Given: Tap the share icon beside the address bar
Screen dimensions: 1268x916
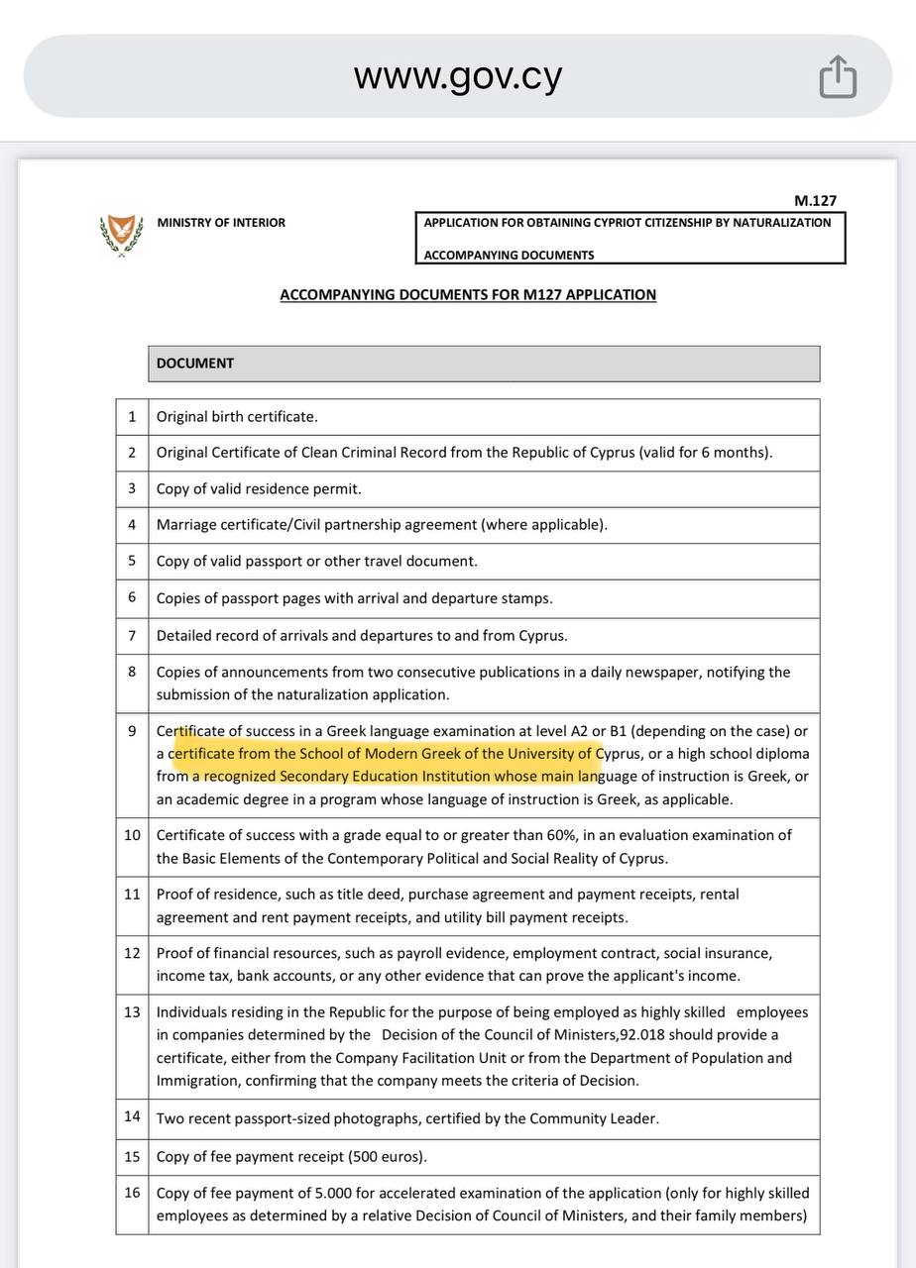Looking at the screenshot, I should [838, 76].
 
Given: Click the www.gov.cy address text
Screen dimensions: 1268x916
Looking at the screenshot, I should [458, 76].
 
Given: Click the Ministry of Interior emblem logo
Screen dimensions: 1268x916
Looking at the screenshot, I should [121, 235].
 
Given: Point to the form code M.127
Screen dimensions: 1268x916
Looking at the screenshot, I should [815, 200].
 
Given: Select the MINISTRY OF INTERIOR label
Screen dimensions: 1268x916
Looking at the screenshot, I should [221, 223].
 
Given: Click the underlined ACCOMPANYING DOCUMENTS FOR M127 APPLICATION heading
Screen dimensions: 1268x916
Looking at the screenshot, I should [468, 294].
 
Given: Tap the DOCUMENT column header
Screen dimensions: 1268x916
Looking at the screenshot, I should [195, 363].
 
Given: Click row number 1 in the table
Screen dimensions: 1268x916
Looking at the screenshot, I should [132, 417].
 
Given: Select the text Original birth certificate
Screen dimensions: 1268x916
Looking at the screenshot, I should [237, 417].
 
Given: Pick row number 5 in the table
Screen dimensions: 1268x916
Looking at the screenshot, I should [132, 561].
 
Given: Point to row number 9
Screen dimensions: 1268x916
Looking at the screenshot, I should [132, 731].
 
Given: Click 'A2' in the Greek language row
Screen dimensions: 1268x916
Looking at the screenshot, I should [578, 731].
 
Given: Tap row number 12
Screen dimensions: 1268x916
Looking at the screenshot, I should [132, 953].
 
